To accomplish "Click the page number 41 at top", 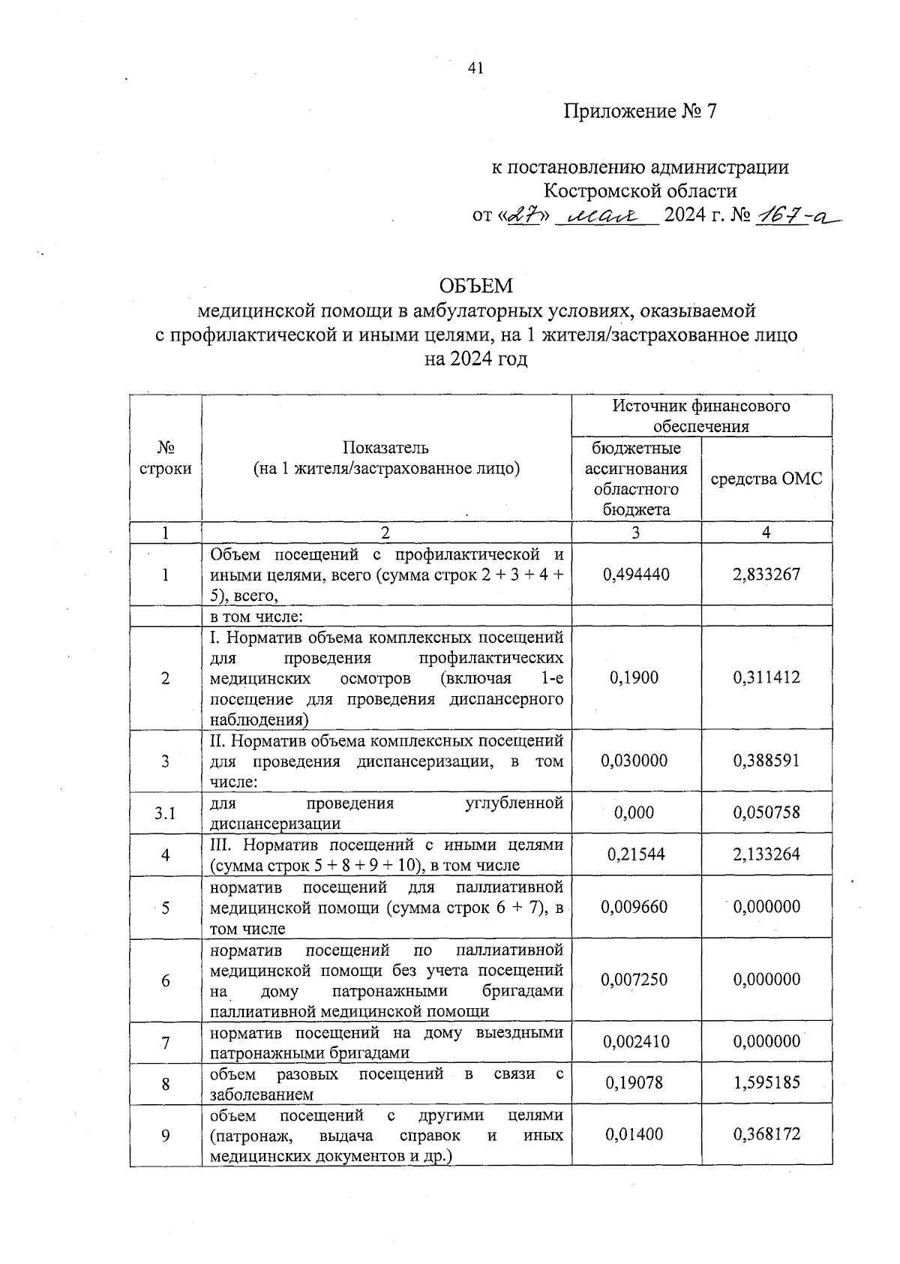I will coord(475,68).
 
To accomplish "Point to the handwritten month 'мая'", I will coord(604,216).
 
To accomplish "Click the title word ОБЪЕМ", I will coord(476,286).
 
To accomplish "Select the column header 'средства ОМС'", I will coord(766,479).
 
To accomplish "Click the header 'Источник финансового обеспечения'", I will coord(701,416).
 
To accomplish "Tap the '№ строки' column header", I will coord(165,458).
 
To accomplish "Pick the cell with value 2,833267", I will coord(766,574).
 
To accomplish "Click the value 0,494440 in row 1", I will coord(636,574).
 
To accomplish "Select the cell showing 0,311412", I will coord(766,677).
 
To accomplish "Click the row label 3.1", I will coord(165,812).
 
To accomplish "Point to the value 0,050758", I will coord(766,812).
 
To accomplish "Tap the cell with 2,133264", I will coord(766,854).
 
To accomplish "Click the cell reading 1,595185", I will coord(766,1082).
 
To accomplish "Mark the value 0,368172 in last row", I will coord(766,1134).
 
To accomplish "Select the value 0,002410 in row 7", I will coord(636,1041).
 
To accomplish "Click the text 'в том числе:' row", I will coord(256,617).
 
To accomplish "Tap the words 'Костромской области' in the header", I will coord(640,191).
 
